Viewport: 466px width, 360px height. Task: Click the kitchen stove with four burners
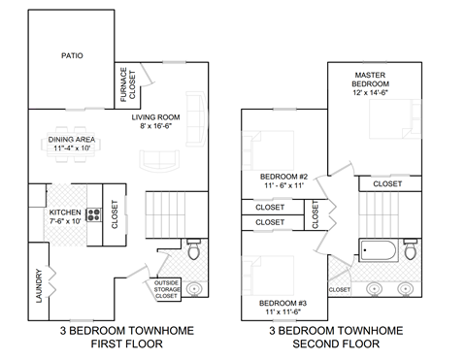tap(94, 215)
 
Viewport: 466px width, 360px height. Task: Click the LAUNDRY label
tap(39, 286)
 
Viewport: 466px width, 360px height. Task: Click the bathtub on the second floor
tap(378, 252)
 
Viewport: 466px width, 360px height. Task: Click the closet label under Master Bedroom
tap(388, 183)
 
